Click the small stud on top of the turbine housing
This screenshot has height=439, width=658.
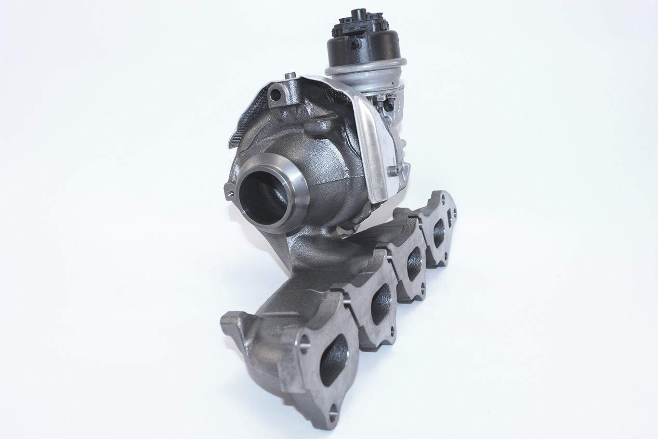[x=290, y=76]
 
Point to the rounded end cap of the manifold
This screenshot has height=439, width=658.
[x=236, y=333]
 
